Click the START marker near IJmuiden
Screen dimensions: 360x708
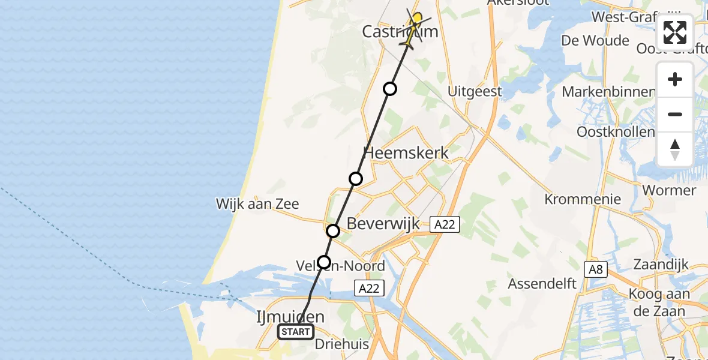click(x=296, y=332)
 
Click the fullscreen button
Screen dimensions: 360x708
click(x=675, y=32)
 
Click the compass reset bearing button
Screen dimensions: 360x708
click(x=675, y=149)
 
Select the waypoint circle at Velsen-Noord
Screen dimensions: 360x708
click(x=324, y=262)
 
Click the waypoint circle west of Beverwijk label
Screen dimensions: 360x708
click(x=333, y=230)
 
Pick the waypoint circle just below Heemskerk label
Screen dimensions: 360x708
click(x=356, y=178)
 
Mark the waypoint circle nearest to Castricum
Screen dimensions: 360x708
click(x=390, y=89)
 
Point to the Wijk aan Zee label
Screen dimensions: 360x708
click(x=257, y=204)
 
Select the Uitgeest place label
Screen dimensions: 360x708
click(x=475, y=92)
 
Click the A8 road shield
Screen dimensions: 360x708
click(x=595, y=269)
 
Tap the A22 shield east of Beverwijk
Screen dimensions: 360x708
click(x=445, y=224)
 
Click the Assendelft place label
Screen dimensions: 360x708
click(x=542, y=283)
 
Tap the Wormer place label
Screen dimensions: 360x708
click(x=669, y=191)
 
